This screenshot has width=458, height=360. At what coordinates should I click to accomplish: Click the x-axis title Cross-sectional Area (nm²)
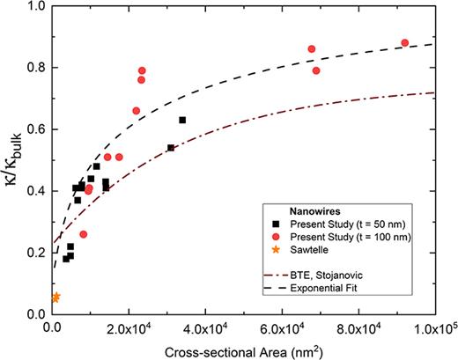tap(243, 350)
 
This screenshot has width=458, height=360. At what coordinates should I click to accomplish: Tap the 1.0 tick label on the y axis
tap(34, 6)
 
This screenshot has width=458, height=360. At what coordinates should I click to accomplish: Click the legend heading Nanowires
tap(305, 211)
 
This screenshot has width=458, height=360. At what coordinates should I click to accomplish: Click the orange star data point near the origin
tap(55, 298)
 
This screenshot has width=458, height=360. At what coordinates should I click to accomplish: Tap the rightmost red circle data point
tap(405, 43)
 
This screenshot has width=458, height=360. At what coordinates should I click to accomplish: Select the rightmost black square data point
tap(182, 120)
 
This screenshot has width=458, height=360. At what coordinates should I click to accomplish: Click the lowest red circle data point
tap(84, 234)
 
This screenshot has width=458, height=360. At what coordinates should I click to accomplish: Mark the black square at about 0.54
tap(171, 148)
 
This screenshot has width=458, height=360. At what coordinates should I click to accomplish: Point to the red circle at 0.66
tap(137, 111)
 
